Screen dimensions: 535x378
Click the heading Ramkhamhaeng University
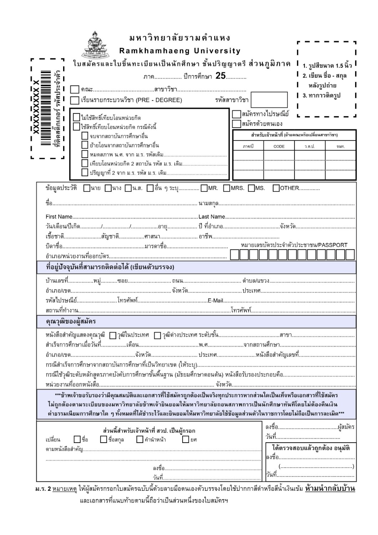coord(180,51)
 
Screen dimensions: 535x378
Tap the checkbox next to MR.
coord(204,188)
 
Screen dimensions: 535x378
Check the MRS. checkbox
coord(227,188)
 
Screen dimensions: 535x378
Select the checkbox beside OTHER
coord(276,188)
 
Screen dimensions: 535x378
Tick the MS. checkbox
coord(251,188)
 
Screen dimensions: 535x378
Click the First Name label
coord(59,217)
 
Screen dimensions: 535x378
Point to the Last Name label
coord(211,217)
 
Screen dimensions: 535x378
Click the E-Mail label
coord(215,301)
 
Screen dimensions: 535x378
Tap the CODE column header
coord(279,146)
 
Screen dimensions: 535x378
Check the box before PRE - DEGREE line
coord(75,100)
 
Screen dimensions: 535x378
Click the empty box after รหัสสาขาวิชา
coord(269,100)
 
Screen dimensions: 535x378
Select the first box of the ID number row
coord(234,255)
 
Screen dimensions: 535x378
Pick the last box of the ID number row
coord(350,255)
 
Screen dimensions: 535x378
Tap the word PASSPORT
coord(332,245)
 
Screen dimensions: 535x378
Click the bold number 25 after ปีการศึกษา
coord(220,76)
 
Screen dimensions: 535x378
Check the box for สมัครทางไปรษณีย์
coord(236,114)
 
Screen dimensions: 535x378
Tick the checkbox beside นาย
coord(87,188)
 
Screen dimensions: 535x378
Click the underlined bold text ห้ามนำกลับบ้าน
coord(330,488)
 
